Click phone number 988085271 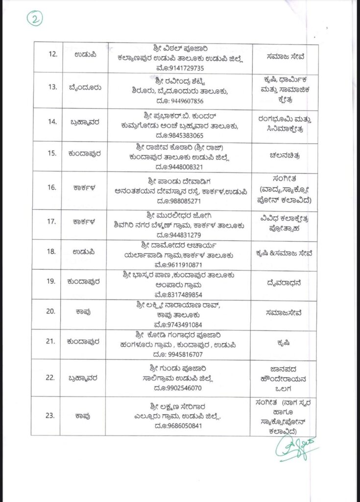pos(180,201)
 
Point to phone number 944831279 pos(180,235)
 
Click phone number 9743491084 pos(181,325)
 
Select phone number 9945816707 pos(182,354)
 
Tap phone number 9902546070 pos(181,388)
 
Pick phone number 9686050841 pos(181,426)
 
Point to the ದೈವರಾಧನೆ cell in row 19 pos(286,284)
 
